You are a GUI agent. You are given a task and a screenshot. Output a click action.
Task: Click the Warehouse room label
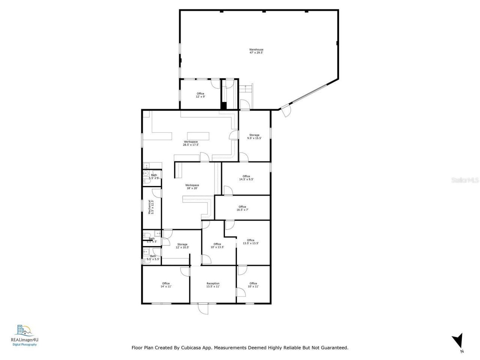click(x=256, y=51)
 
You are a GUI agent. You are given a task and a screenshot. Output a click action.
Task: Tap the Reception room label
click(x=213, y=285)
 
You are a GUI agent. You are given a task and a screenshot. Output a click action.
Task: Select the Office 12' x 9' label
click(x=200, y=95)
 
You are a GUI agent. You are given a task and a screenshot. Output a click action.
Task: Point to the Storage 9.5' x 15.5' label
click(x=254, y=136)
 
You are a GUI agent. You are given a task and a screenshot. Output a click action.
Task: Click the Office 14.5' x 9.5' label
click(x=246, y=178)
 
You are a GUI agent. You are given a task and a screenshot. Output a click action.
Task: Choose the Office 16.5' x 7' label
click(x=242, y=208)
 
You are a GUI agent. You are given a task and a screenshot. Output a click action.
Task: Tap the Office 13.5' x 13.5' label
click(x=250, y=242)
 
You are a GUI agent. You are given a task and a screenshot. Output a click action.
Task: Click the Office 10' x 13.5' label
click(x=217, y=246)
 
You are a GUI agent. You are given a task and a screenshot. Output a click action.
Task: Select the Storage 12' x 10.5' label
click(x=182, y=246)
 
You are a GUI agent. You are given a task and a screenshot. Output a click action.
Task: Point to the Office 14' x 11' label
click(x=166, y=285)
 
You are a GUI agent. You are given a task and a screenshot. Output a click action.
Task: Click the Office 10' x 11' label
click(x=253, y=285)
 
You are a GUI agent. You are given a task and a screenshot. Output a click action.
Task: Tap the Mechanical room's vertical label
click(x=151, y=207)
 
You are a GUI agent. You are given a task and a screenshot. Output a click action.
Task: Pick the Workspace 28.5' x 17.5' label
click(x=190, y=143)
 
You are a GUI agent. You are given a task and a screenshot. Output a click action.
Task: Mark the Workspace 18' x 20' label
click(x=192, y=187)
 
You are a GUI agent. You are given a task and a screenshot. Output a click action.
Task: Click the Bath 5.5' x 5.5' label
click(x=153, y=258)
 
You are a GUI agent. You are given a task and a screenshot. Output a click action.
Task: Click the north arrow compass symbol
click(x=457, y=341)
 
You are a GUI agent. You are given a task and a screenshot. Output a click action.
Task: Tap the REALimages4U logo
click(x=25, y=335)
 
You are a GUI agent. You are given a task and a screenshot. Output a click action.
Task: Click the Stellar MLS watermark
click(x=465, y=180)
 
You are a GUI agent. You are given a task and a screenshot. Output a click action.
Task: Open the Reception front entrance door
click(x=203, y=308)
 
